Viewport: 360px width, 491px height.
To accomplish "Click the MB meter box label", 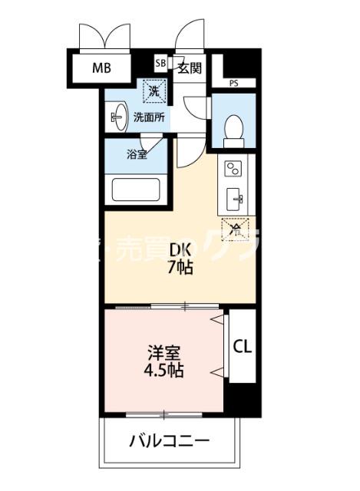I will (102, 68).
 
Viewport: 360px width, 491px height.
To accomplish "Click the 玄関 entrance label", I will (189, 68).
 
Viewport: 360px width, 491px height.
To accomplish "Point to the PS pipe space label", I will (233, 82).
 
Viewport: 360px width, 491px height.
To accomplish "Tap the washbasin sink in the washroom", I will (117, 117).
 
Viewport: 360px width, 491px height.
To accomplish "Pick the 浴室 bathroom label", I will (137, 153).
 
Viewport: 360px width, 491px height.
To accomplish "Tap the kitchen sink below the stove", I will (236, 199).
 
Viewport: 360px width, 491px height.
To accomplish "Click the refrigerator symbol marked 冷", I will (236, 227).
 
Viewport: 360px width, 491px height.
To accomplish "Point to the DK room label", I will (180, 249).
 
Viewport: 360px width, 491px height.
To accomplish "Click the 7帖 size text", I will (180, 268).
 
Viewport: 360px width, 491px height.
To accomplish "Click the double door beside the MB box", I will (103, 35).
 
